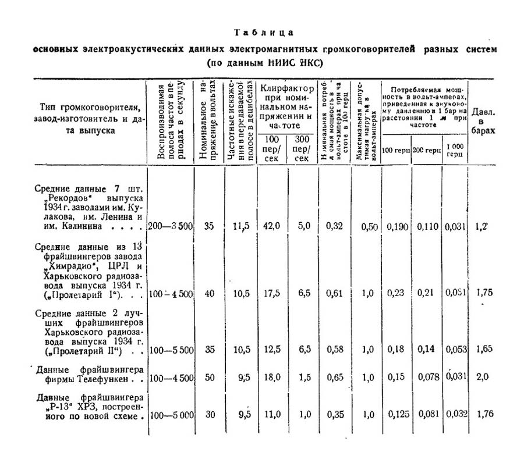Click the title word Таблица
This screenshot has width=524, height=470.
click(264, 33)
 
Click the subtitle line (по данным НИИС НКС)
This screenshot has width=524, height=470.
click(264, 62)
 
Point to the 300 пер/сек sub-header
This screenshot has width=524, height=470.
click(302, 149)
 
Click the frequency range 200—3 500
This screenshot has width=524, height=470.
click(170, 226)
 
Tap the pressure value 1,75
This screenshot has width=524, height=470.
click(484, 293)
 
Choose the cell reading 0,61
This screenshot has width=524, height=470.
click(333, 293)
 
